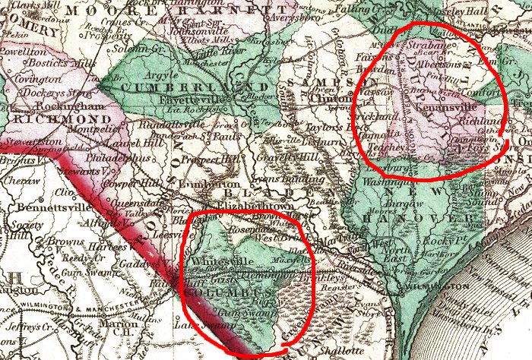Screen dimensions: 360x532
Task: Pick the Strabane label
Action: coord(427,47)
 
